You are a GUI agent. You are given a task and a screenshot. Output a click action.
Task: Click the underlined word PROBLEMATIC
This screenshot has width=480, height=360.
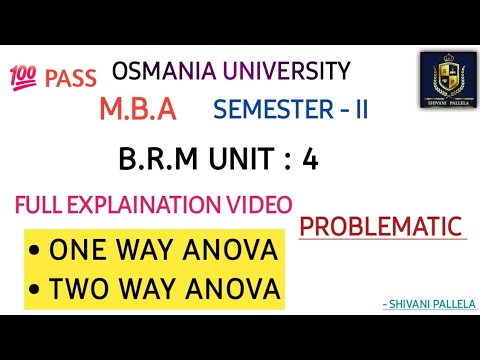click(384, 225)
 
